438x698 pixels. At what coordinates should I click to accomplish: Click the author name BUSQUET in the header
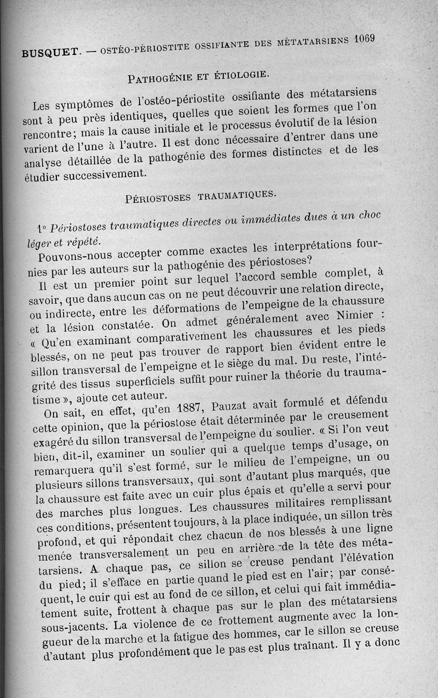pos(48,54)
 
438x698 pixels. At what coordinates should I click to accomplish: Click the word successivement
pos(100,175)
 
